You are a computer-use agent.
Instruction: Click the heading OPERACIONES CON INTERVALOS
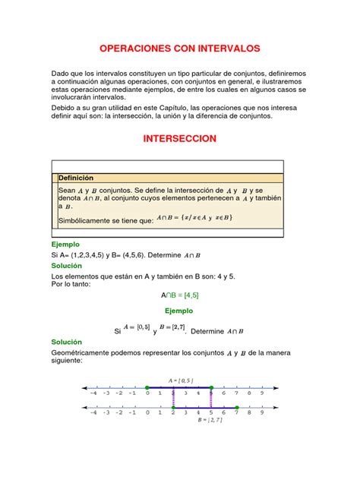click(180, 48)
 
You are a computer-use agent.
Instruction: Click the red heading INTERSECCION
click(180, 139)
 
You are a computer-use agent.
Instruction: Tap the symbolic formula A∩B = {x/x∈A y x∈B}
click(194, 218)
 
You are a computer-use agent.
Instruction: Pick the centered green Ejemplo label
click(179, 311)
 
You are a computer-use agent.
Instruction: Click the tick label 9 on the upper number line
click(261, 393)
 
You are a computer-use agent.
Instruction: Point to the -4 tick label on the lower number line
click(93, 414)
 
